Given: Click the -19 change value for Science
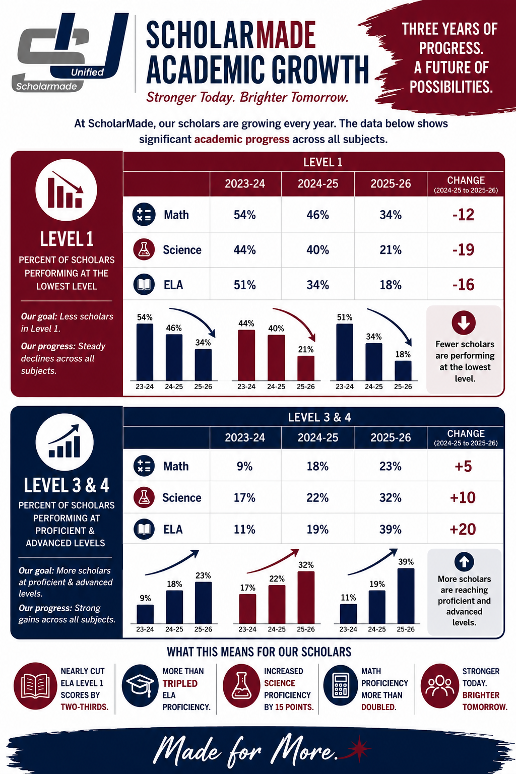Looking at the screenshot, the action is pos(463,250).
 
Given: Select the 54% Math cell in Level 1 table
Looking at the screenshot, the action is pos(245,215).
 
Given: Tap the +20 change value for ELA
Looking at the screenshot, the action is pos(463,530).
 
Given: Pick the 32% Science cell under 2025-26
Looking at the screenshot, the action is pos(391,498).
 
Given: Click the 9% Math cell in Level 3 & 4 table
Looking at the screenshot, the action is pos(244,467).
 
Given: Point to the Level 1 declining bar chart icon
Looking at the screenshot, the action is pos(66,189).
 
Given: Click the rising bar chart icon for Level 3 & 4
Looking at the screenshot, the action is pos(64,442).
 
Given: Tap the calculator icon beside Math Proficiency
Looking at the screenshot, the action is pos(340,685).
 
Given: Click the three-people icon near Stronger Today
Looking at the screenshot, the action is pos(439,685).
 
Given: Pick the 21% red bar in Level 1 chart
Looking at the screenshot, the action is pos(306,368).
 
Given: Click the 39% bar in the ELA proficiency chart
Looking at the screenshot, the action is pos(406,596).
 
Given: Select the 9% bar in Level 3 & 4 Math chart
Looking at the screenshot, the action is pos(145,614).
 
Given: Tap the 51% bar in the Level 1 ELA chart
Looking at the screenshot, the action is pos(345,352).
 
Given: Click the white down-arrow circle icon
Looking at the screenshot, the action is pos(464,322).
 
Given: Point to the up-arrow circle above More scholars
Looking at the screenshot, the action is pos(464,562).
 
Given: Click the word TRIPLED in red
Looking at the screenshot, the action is pos(180,683).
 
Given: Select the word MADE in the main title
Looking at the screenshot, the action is pos(285,35).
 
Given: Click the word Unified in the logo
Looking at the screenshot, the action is pos(87,72).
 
